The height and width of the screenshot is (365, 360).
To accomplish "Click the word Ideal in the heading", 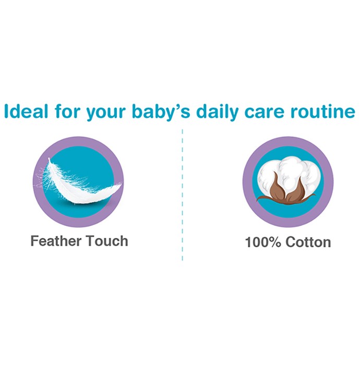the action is tap(26, 111).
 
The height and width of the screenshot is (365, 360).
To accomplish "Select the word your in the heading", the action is tap(106, 113).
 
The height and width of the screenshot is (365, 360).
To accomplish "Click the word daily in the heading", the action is tap(217, 113).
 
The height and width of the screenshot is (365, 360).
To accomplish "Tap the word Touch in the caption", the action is tap(107, 241).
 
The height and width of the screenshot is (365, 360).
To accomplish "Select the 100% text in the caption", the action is tap(263, 242).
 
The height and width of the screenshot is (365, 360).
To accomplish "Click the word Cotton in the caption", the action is tap(308, 242).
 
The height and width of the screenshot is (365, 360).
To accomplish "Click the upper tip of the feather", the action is tap(49, 159).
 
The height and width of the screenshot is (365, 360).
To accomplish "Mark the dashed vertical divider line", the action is tap(182, 195).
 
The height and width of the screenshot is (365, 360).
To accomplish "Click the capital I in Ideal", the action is tap(6, 111).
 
